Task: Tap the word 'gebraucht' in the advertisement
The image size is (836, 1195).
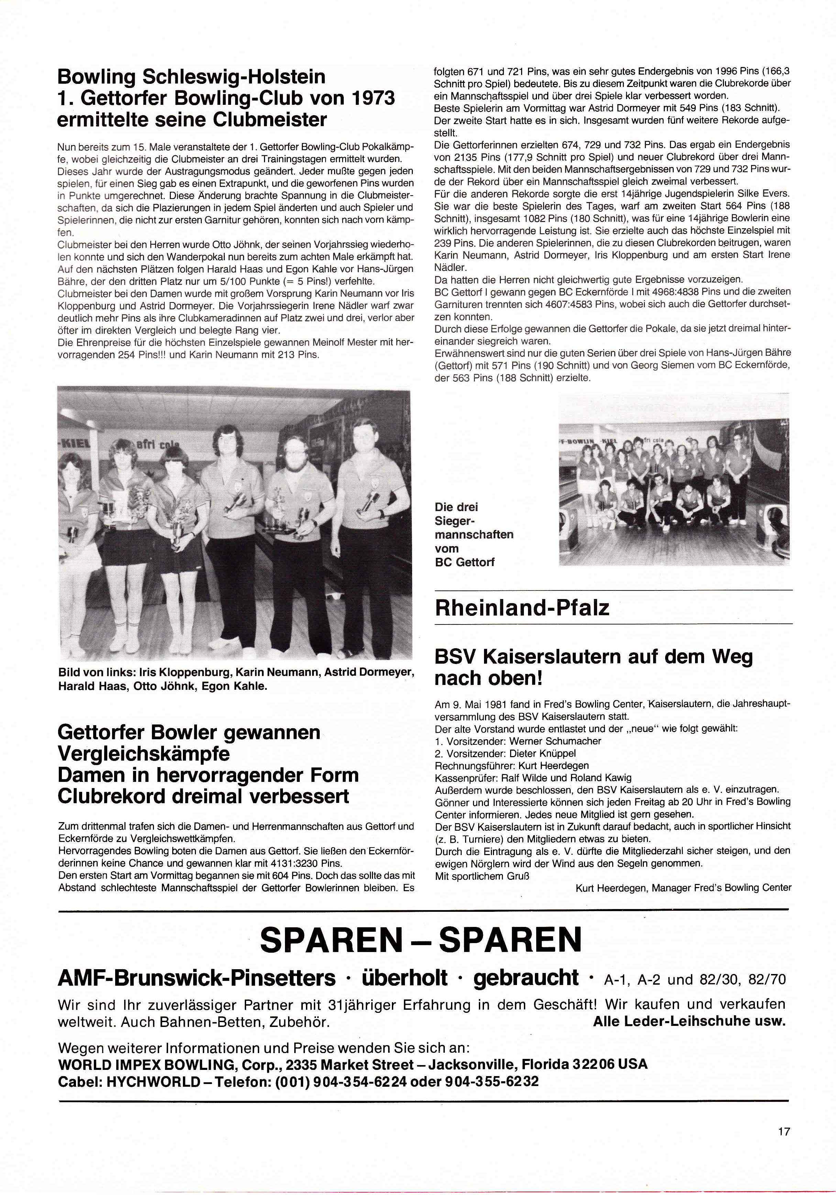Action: tap(526, 978)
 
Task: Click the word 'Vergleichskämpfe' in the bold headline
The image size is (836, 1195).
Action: tap(144, 754)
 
